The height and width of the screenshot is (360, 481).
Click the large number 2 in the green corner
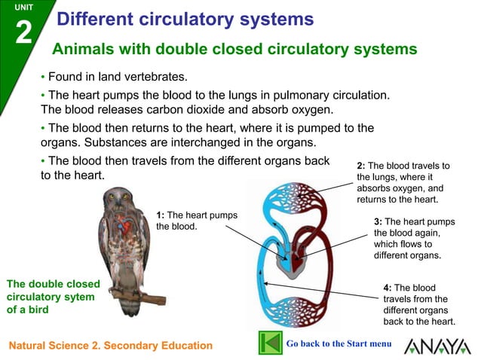click(23, 34)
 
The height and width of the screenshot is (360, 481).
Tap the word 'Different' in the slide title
click(93, 20)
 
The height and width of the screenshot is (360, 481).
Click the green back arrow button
click(270, 343)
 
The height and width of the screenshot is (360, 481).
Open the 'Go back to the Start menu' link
click(339, 343)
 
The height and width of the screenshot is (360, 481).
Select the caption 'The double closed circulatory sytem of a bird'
click(53, 297)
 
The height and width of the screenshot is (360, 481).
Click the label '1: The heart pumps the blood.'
click(196, 221)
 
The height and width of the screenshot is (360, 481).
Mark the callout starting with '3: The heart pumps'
click(414, 238)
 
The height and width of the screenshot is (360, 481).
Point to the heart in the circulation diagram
click(291, 260)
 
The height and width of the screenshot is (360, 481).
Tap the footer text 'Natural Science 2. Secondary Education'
click(110, 346)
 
